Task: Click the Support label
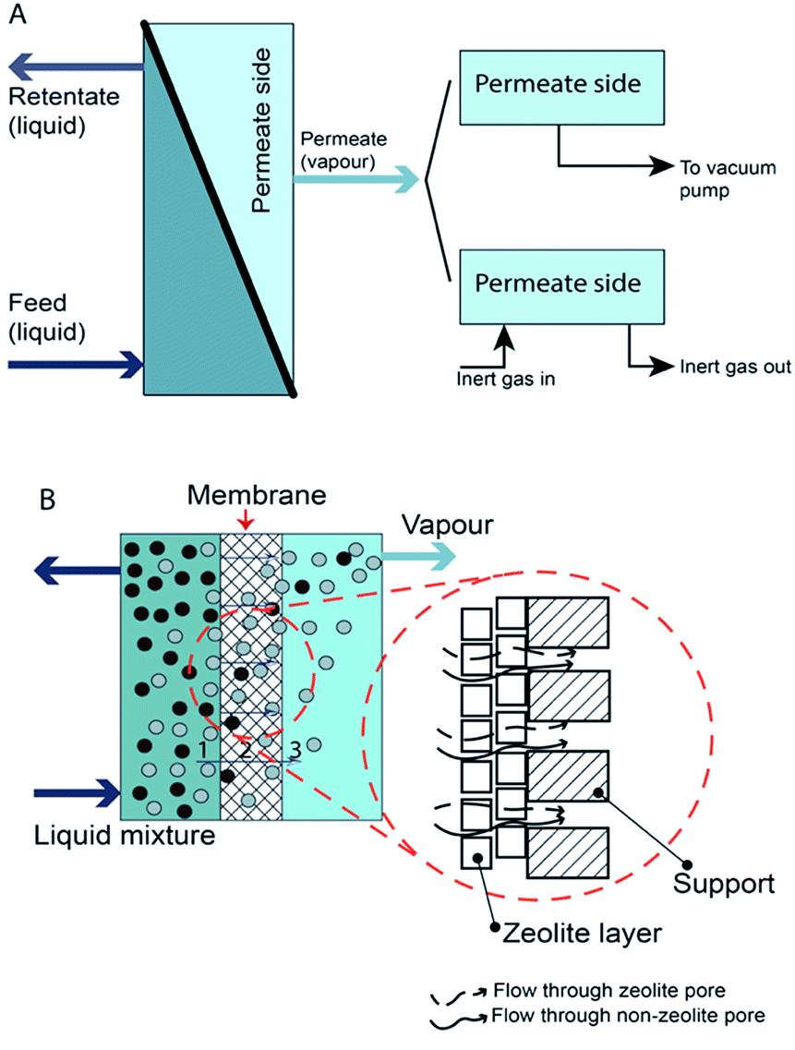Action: coord(723,884)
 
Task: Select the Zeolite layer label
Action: coord(582,932)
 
